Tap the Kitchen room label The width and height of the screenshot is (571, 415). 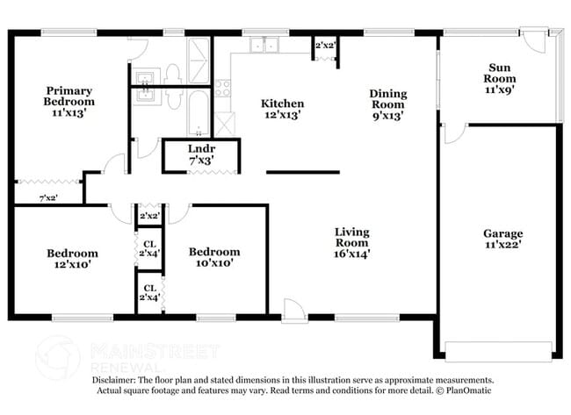tap(282, 109)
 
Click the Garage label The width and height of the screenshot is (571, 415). tap(502, 240)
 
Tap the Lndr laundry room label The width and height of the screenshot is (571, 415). tap(201, 155)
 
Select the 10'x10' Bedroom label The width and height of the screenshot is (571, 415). tap(213, 257)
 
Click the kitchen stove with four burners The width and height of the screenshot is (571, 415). tap(223, 89)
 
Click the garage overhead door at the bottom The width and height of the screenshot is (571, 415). tap(500, 344)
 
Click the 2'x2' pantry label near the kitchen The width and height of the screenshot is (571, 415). tap(324, 44)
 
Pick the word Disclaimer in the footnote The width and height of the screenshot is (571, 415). tap(117, 380)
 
